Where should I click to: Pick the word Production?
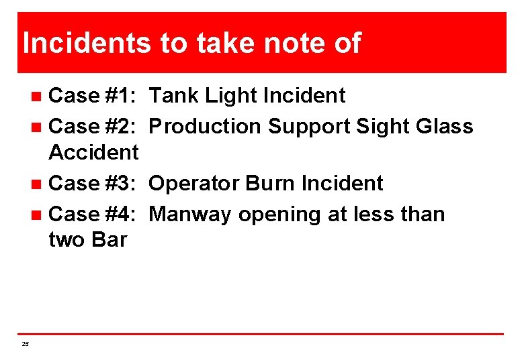206,126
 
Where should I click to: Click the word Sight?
383,127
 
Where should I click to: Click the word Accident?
93,152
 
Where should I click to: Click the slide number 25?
26,344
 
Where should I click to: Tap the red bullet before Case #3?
38,184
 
